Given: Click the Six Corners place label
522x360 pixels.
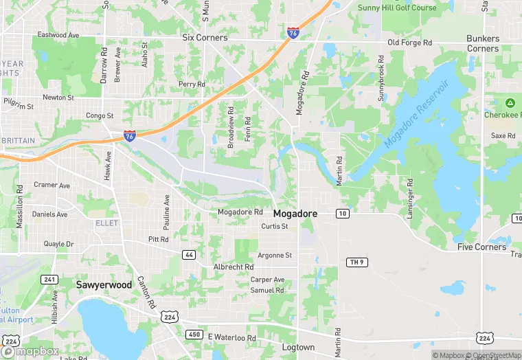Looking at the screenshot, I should click(205, 38).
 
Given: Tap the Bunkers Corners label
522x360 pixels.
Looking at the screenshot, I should click(483, 43).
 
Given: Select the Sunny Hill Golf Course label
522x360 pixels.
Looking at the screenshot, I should click(397, 8).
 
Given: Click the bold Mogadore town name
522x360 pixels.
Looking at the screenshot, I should click(295, 214).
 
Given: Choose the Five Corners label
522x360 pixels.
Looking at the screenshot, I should click(482, 247).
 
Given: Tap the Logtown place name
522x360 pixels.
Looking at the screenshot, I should click(298, 348).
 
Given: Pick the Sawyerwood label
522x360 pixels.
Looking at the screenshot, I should click(104, 284).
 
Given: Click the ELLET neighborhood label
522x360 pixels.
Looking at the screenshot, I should click(106, 223).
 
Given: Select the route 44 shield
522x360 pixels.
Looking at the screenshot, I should click(189, 255).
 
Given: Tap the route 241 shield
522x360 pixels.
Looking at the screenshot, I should click(49, 279).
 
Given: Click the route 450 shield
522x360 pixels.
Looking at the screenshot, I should click(194, 334).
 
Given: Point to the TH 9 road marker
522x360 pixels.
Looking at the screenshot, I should click(355, 262).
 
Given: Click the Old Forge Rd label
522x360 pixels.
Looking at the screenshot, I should click(410, 43).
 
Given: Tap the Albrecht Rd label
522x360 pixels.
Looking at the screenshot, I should click(234, 267).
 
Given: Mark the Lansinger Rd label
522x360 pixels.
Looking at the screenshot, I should click(410, 199).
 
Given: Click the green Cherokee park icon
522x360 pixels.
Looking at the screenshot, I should click(510, 103).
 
